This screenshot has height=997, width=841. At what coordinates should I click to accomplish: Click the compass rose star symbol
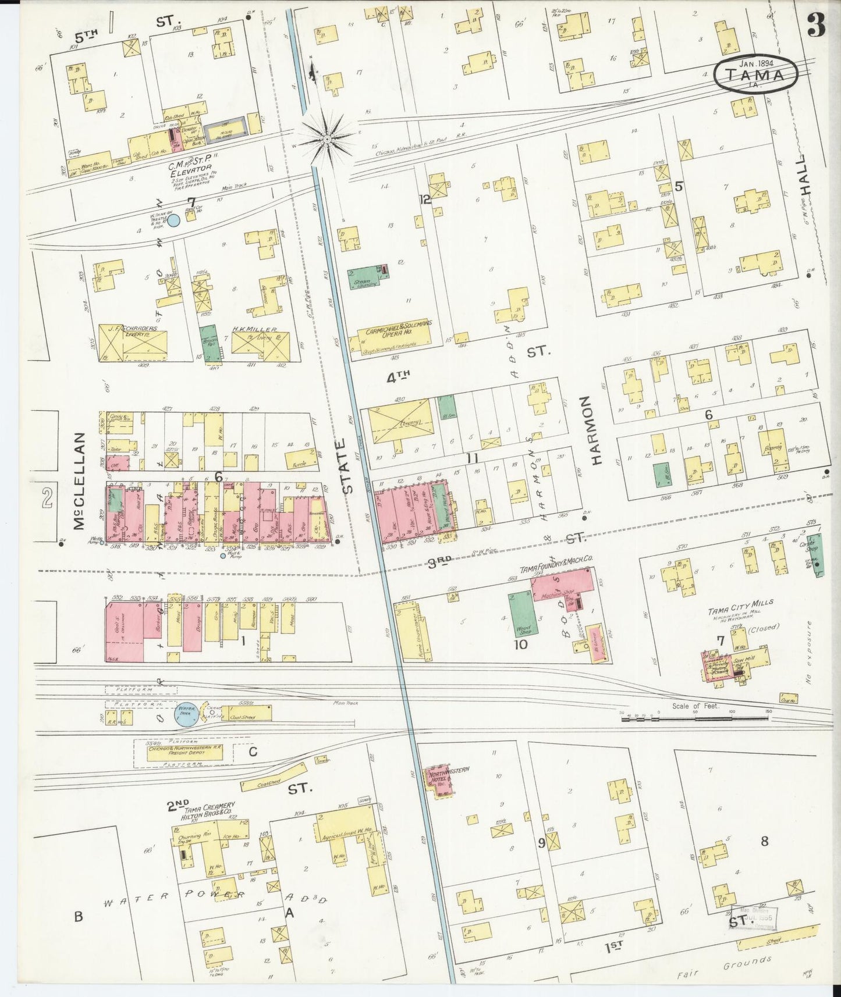point(328,140)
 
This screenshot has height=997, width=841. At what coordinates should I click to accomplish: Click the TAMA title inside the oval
point(754,74)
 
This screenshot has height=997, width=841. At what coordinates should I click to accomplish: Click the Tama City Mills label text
point(740,603)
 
